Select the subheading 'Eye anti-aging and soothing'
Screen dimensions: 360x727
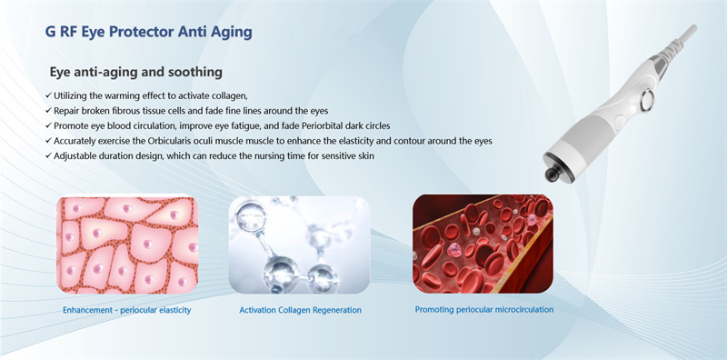coord(136,71)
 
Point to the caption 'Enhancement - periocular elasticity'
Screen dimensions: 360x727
coord(126,310)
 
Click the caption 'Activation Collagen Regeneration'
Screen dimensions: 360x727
coord(300,310)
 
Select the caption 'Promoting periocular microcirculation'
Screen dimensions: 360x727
coord(483,309)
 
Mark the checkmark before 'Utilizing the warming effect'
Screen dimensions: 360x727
coord(48,95)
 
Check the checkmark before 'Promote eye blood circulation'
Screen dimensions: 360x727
coord(48,125)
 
